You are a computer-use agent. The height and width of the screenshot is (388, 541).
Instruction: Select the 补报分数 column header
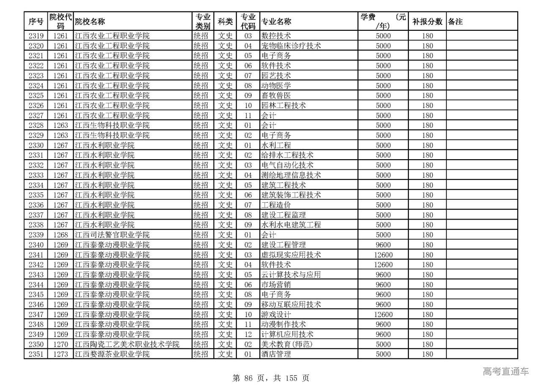pyautogui.click(x=427, y=22)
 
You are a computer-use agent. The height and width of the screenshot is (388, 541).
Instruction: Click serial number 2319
pyautogui.click(x=36, y=36)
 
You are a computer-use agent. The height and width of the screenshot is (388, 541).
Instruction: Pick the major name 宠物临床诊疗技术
pyautogui.click(x=291, y=46)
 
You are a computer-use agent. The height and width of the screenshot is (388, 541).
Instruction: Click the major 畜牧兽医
pyautogui.click(x=276, y=95)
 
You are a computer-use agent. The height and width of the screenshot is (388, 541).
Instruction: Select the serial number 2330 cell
pyautogui.click(x=36, y=145)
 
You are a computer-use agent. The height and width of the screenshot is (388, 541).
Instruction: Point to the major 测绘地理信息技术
pyautogui.click(x=291, y=175)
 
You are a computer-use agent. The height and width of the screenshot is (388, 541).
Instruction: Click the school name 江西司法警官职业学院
pyautogui.click(x=112, y=235)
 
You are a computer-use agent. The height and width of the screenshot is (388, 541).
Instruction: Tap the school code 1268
pyautogui.click(x=60, y=235)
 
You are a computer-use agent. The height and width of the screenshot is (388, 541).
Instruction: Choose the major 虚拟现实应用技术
pyautogui.click(x=291, y=255)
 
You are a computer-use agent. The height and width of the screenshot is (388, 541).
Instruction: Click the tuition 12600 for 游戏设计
pyautogui.click(x=383, y=315)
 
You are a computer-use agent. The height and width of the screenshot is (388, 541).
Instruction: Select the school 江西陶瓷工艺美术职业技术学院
pyautogui.click(x=127, y=344)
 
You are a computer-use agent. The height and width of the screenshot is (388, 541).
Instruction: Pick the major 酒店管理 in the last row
pyautogui.click(x=276, y=354)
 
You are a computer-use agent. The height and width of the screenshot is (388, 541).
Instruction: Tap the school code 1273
pyautogui.click(x=60, y=354)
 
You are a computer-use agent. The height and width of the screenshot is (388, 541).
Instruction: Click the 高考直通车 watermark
pyautogui.click(x=505, y=372)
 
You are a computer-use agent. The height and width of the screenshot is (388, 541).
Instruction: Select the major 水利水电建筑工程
pyautogui.click(x=291, y=225)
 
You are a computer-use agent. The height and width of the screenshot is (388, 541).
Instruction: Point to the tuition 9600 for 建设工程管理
pyautogui.click(x=383, y=245)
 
